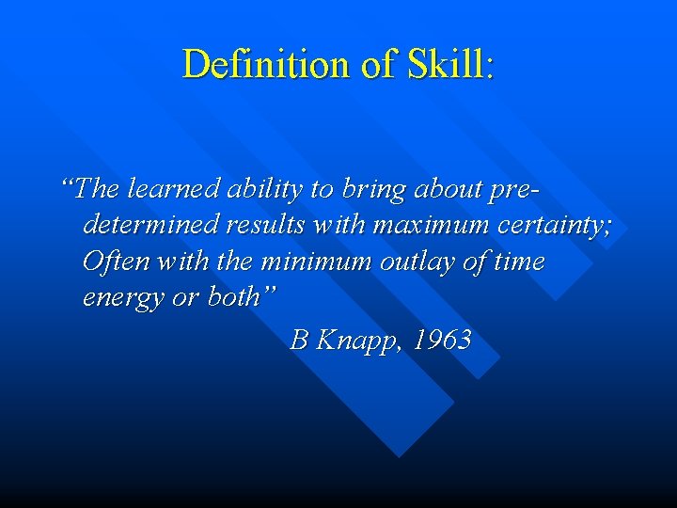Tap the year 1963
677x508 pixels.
pos(442,340)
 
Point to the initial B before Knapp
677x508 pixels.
pos(299,340)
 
